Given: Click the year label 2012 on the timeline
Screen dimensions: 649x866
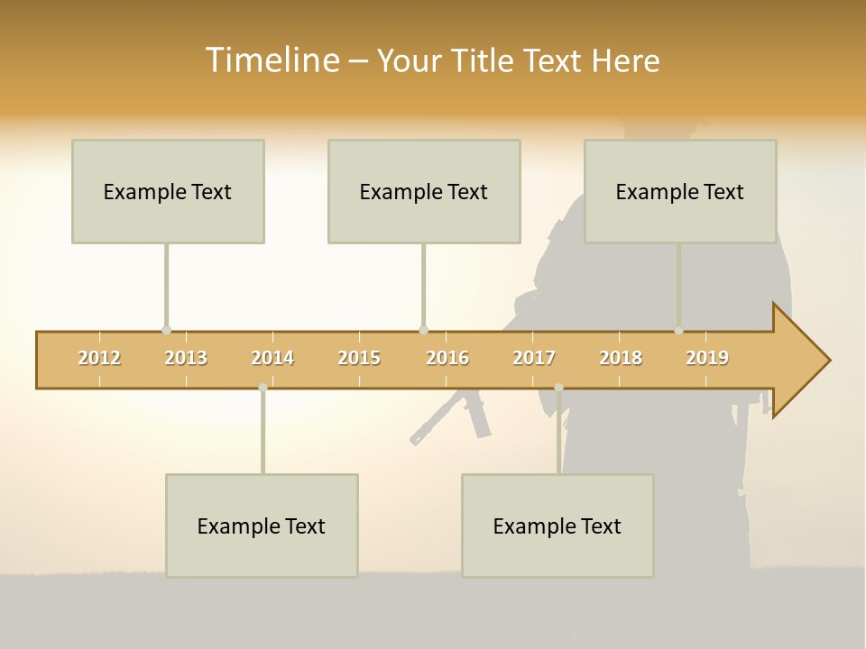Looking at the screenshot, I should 99,358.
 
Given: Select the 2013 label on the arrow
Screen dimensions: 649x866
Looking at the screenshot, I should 186,358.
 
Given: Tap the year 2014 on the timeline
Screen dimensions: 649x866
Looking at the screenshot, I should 272,358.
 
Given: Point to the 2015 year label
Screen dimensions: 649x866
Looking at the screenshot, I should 359,358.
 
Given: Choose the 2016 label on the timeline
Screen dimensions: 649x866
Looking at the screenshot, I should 447,358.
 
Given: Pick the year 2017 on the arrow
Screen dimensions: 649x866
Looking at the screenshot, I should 534,358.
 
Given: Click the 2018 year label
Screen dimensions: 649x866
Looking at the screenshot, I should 621,358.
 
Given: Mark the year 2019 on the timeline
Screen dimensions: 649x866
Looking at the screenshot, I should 707,358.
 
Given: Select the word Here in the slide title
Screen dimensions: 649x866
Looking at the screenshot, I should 626,60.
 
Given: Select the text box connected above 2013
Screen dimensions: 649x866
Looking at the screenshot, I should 168,191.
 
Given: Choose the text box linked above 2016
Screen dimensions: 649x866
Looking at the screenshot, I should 424,191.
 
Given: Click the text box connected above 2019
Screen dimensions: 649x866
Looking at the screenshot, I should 680,191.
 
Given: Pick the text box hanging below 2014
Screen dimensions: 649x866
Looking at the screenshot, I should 262,526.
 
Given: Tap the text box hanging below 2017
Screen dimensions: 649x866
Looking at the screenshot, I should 557,526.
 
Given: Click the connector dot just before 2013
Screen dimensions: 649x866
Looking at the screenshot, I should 166,331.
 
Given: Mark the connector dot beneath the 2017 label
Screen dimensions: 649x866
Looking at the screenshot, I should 558,388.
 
